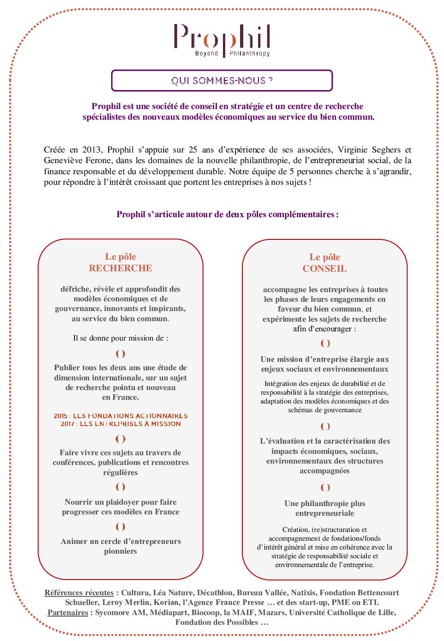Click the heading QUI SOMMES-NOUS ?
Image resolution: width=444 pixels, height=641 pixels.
[x=222, y=81]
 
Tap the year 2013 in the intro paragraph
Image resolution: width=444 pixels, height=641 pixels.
[x=92, y=150]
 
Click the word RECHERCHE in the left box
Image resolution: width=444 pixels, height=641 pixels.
[x=120, y=268]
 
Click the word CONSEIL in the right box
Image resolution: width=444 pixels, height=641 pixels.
[x=324, y=269]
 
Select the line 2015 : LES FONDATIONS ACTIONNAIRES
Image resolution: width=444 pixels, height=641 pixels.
[x=121, y=416]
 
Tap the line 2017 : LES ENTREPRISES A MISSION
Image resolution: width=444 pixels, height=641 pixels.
[x=121, y=424]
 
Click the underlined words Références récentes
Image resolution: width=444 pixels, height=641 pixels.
[x=79, y=592]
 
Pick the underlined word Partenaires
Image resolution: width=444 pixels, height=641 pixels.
[x=68, y=612]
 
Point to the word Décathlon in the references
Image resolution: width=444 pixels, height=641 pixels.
[x=217, y=592]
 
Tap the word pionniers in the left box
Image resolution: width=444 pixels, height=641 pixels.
[x=120, y=551]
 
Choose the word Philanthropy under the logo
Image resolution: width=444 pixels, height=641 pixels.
[x=250, y=54]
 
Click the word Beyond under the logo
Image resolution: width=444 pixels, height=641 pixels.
[x=206, y=54]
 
